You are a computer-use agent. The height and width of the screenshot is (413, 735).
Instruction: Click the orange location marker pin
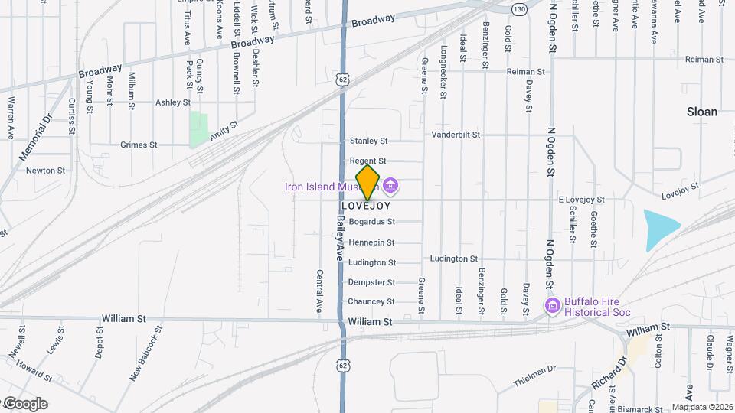coord(368,182)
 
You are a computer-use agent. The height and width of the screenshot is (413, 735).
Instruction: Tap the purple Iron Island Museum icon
coord(390,186)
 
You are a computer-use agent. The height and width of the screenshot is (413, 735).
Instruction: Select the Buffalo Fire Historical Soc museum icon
coord(551,306)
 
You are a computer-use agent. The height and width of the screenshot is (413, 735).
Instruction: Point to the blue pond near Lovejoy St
coord(661,229)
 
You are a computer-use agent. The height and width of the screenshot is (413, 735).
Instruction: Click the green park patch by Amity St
coord(199,128)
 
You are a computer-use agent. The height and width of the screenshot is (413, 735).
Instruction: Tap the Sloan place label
coord(701,112)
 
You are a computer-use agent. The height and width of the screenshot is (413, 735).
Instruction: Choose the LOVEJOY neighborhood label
coord(365,206)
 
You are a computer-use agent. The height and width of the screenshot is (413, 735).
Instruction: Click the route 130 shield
coord(520,9)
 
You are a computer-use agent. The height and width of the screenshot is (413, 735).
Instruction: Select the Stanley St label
coord(368,141)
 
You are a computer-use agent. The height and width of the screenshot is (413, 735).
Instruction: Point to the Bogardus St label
coord(371,222)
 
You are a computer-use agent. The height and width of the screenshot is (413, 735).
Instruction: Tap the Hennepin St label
coord(371,242)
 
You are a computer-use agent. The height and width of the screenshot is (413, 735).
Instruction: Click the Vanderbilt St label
coord(456,135)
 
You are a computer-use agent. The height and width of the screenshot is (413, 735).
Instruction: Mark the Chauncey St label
coord(371,301)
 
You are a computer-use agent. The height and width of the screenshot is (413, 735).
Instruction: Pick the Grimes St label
coord(139,145)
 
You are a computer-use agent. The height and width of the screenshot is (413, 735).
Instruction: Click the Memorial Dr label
coord(34,137)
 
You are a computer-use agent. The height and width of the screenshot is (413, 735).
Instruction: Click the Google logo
coord(24,403)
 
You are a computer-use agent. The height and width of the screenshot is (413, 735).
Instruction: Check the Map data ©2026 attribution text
coord(701,407)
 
